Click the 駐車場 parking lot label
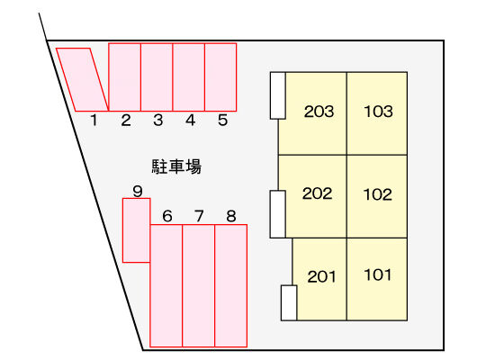coord(176,166)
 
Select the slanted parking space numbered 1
coord(83,79)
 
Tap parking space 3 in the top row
coord(157,77)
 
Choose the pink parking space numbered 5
coord(220,77)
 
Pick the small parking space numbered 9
coord(137,230)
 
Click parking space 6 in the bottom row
coord(166,286)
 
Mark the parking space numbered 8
coord(230,286)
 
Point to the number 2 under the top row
coord(126,121)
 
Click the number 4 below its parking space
coord(191,121)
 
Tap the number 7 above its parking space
coord(199,216)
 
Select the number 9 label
coord(138,192)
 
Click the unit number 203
coord(319,112)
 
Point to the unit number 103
coord(378,112)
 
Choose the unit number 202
coord(318,193)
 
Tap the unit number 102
coord(378,194)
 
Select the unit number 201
coord(321,277)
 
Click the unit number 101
coord(378,274)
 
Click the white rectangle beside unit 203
coord(278,95)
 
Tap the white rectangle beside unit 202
coord(278,214)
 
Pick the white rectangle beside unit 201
coord(289,303)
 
